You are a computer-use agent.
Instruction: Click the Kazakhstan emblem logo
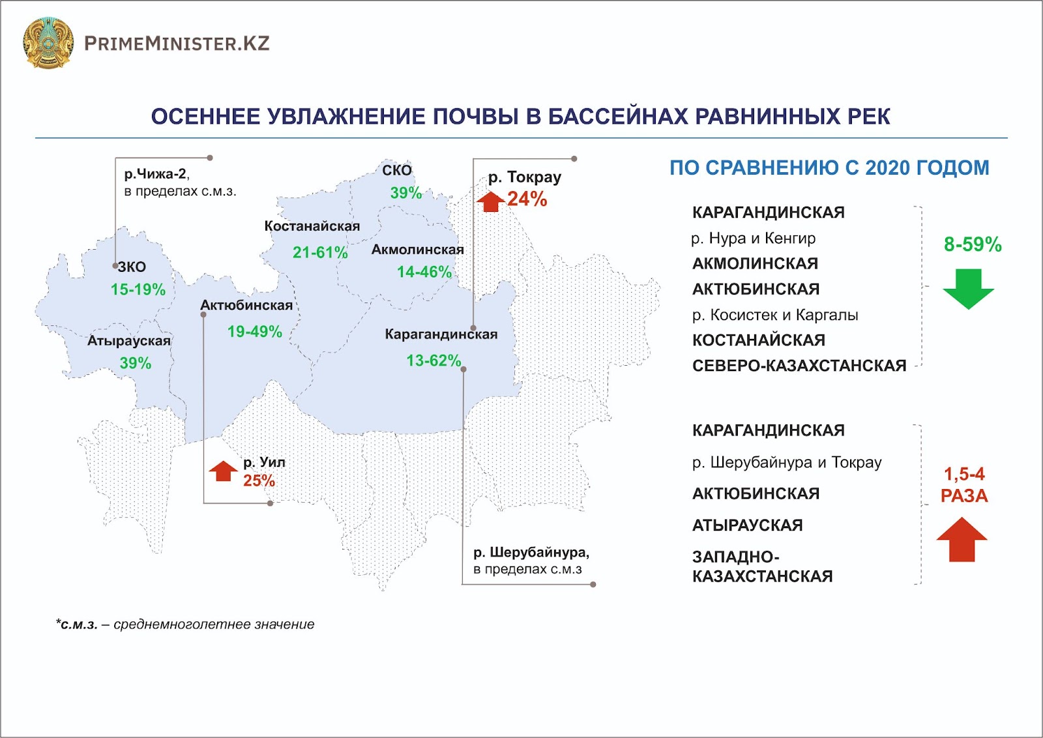[x=48, y=43]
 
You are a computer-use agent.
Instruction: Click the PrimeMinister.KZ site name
[x=177, y=44]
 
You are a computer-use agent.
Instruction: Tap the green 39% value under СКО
[x=406, y=193]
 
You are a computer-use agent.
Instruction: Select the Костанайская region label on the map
[x=312, y=226]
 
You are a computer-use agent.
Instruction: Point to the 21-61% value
[x=320, y=252]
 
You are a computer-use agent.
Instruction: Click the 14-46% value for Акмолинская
[x=424, y=272]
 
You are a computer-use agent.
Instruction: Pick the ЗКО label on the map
[x=132, y=267]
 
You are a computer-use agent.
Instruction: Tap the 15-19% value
[x=138, y=289]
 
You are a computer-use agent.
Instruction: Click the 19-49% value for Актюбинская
[x=255, y=332]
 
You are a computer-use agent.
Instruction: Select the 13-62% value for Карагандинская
[x=434, y=361]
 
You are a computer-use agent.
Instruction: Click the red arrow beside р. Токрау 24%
[x=491, y=201]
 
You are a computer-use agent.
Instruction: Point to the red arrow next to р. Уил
[x=224, y=471]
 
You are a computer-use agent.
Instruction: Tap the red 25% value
[x=259, y=480]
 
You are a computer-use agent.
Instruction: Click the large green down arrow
[x=969, y=289]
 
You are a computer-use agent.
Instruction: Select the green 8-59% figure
[x=973, y=244]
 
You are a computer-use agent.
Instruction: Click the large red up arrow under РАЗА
[x=962, y=539]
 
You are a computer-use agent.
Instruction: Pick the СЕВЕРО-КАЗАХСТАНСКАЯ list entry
[x=799, y=366]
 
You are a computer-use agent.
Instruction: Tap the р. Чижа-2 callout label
[x=157, y=174]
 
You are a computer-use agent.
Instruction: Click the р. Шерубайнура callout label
[x=531, y=553]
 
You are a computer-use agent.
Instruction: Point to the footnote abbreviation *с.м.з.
[x=77, y=625]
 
